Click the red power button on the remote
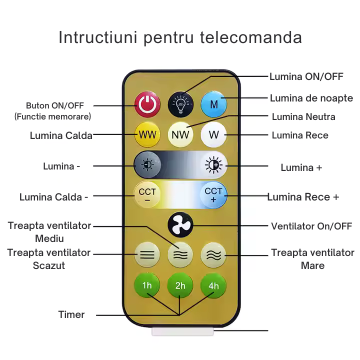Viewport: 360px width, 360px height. tap(147, 104)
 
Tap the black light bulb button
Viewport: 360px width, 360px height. tap(180, 104)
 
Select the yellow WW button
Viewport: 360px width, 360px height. tap(147, 135)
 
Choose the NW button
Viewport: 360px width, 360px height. tap(180, 135)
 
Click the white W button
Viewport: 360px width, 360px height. tap(213, 135)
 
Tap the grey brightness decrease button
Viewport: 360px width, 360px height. tap(147, 164)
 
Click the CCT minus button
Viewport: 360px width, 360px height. tap(147, 194)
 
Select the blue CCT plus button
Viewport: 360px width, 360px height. tap(213, 194)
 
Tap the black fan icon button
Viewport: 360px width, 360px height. tap(180, 225)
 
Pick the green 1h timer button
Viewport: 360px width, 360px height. tap(147, 285)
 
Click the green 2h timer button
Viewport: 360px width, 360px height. tap(180, 285)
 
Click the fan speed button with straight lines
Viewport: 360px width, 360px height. tap(147, 255)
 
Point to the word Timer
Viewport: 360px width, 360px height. tap(71, 314)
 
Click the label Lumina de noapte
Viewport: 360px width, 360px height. tap(311, 98)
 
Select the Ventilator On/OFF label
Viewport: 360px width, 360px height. tap(311, 226)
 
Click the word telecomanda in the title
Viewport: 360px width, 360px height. tap(251, 37)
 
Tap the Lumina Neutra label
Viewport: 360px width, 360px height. tap(303, 116)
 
